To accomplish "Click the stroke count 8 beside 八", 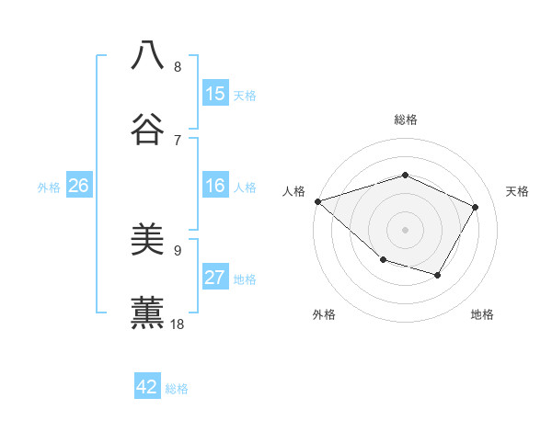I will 178,67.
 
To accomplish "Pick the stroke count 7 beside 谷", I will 178,140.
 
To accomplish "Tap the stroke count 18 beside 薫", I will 178,324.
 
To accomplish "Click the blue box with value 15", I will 215,94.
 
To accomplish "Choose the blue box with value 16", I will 215,186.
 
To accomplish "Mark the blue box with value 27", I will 215,279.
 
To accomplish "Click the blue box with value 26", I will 78,186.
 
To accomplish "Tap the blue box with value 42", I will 147,387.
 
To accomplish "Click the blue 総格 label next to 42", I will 177,389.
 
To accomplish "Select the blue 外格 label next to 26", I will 49,188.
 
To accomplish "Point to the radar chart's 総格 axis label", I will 405,119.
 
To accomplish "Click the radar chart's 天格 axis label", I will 518,191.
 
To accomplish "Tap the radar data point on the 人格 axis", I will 317,201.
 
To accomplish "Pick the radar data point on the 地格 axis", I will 438,275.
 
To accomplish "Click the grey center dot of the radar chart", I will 405,229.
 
